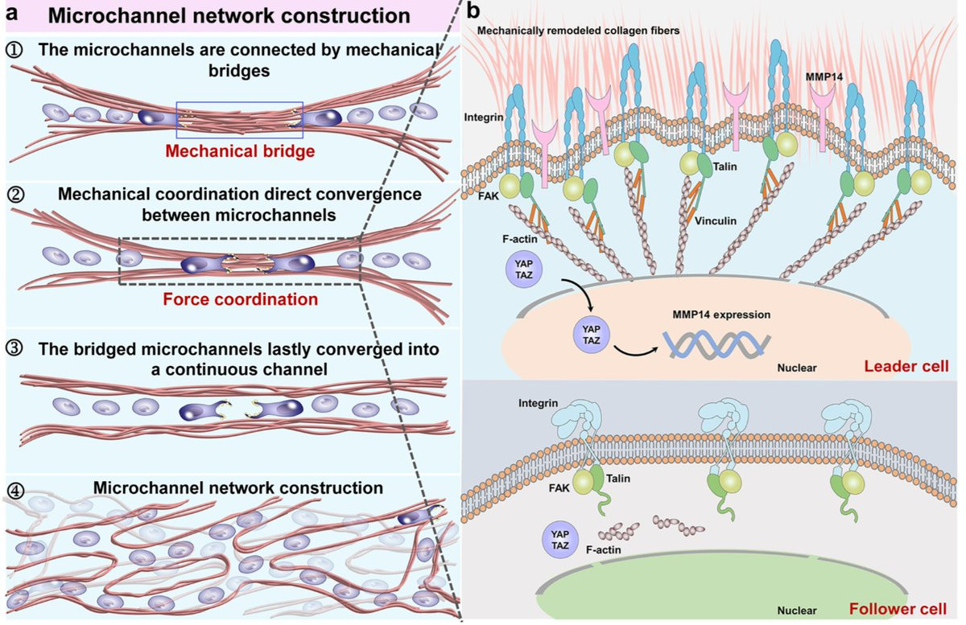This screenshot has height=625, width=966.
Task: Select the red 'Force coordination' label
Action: point(241,299)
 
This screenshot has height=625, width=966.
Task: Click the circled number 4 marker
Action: point(15,488)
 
